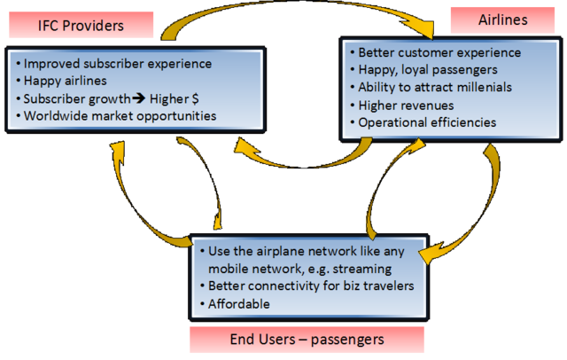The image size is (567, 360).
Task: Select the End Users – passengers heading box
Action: (x=307, y=340)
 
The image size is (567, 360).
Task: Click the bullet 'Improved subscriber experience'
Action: (x=118, y=64)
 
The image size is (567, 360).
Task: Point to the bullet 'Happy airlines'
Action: (x=66, y=81)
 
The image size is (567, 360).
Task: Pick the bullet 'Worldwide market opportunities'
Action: (x=120, y=115)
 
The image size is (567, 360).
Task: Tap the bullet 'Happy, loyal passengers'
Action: (x=424, y=70)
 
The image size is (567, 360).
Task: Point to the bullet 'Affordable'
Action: (x=239, y=304)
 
